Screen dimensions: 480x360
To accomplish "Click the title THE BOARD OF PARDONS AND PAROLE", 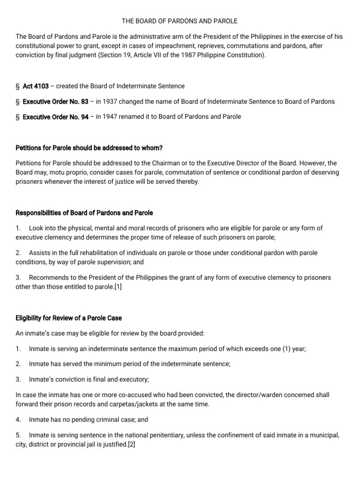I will point(180,21).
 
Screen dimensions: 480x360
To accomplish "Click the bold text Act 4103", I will point(36,86).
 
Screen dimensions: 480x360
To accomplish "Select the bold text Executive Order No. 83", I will point(55,102).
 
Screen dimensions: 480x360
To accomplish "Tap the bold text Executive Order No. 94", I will point(55,117).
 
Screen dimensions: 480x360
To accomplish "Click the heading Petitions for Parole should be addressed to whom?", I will point(89,148).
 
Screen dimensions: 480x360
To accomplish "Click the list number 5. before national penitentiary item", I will point(18,435).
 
